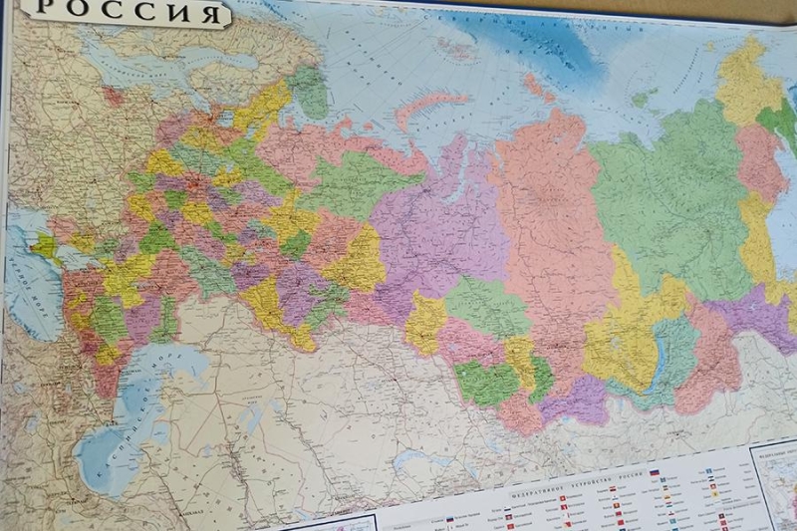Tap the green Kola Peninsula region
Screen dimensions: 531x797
pos(309,90)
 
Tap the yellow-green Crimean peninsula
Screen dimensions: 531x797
pos(44,245)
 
